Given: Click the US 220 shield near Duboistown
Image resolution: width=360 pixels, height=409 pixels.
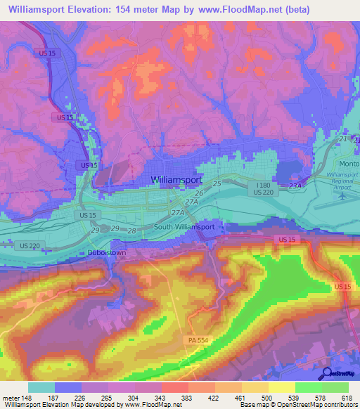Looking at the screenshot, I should coord(26,245).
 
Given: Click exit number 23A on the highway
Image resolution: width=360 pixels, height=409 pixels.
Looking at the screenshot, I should coord(295,185).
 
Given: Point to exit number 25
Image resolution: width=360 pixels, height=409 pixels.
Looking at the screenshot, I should coord(217,183).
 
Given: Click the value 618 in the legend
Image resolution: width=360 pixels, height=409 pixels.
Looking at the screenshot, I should coord(347,397).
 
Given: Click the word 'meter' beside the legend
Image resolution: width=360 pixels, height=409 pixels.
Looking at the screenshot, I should coord(11,397).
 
